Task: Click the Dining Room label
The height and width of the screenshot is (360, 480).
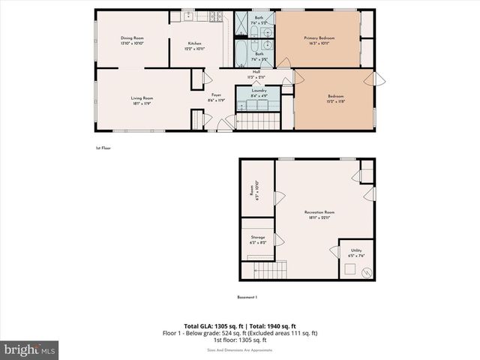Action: coord(132,40)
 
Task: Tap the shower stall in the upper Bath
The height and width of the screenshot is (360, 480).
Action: coord(243,23)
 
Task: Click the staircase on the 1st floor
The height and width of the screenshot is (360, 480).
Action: coord(257,120)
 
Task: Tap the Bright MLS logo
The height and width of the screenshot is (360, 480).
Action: coord(30,349)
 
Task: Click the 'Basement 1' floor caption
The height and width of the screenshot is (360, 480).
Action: coord(247,298)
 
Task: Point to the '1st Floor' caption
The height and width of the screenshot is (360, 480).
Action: coord(103,148)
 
